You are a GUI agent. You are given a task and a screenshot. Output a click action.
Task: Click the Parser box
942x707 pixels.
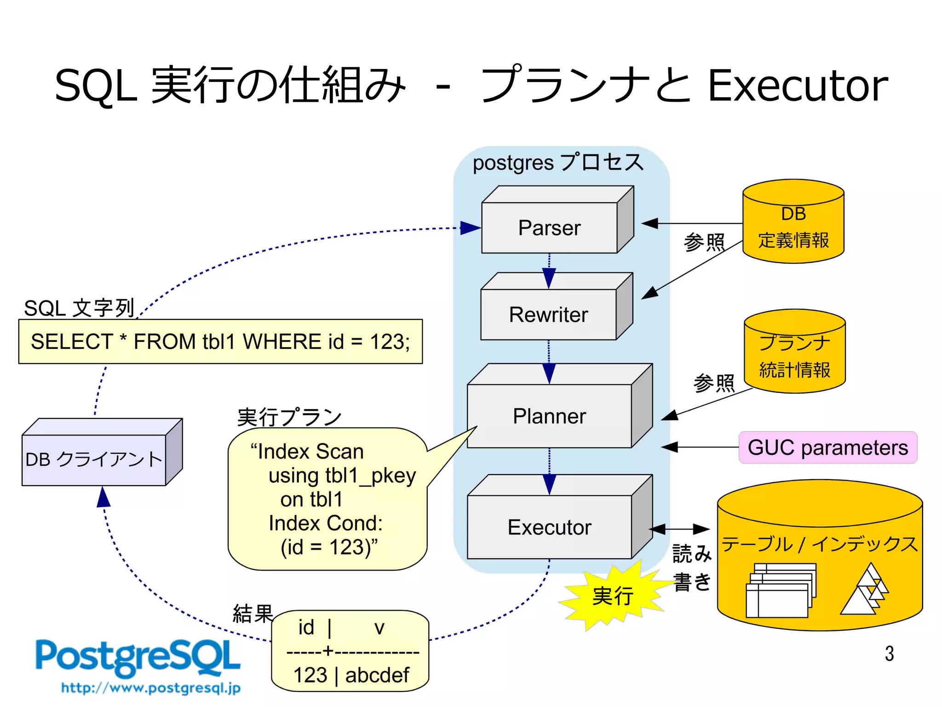coord(549,227)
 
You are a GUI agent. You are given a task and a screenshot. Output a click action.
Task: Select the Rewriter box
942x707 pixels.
coord(548,314)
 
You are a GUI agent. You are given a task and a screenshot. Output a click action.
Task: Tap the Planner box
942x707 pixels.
coord(549,416)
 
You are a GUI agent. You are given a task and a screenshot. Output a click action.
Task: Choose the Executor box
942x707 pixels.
coord(549,527)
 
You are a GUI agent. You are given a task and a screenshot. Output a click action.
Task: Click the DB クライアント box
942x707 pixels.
coord(94,459)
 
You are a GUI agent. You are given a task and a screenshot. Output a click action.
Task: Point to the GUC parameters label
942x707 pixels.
coord(827,447)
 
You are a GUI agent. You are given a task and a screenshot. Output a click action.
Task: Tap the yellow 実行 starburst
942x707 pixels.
coord(613,596)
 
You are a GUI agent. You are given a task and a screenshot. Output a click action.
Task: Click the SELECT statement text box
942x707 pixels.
coord(220,342)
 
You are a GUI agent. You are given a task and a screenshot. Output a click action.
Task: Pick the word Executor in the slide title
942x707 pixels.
coord(797,86)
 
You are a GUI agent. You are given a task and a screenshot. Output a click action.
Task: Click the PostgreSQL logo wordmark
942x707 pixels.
coord(138,657)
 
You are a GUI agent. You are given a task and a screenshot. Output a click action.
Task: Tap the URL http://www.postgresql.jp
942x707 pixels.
coord(151,688)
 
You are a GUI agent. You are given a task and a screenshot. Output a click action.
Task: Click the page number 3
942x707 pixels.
coord(889,654)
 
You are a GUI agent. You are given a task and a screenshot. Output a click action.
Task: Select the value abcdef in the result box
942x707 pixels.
coord(377,675)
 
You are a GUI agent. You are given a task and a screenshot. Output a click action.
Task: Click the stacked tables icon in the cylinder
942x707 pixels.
coord(781,591)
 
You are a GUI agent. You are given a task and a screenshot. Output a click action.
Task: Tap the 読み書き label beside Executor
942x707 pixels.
coord(692,567)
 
